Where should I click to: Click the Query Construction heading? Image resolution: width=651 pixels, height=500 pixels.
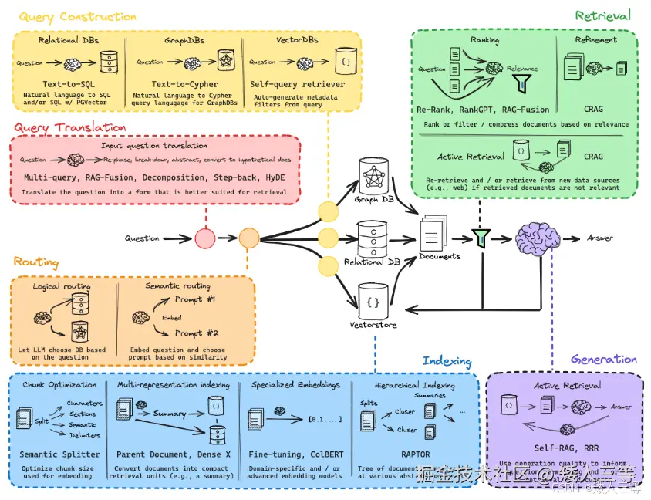[x=77, y=17]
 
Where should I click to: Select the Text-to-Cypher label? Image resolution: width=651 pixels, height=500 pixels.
[x=184, y=83]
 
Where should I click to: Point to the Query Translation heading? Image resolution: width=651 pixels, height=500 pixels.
[x=69, y=127]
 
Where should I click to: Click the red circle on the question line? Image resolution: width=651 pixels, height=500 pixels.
[x=204, y=238]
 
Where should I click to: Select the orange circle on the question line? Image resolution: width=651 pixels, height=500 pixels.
[x=248, y=238]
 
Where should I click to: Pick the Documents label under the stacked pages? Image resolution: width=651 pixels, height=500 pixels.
[x=440, y=256]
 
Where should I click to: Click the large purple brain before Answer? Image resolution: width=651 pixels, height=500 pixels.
[x=538, y=238]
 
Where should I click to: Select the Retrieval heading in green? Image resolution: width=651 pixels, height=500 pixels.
[x=602, y=15]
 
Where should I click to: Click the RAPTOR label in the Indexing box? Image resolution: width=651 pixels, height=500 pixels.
[x=416, y=454]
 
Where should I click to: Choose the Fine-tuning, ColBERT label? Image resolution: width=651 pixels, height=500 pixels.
[x=295, y=454]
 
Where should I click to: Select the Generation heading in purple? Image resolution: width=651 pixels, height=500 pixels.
[x=604, y=359]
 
